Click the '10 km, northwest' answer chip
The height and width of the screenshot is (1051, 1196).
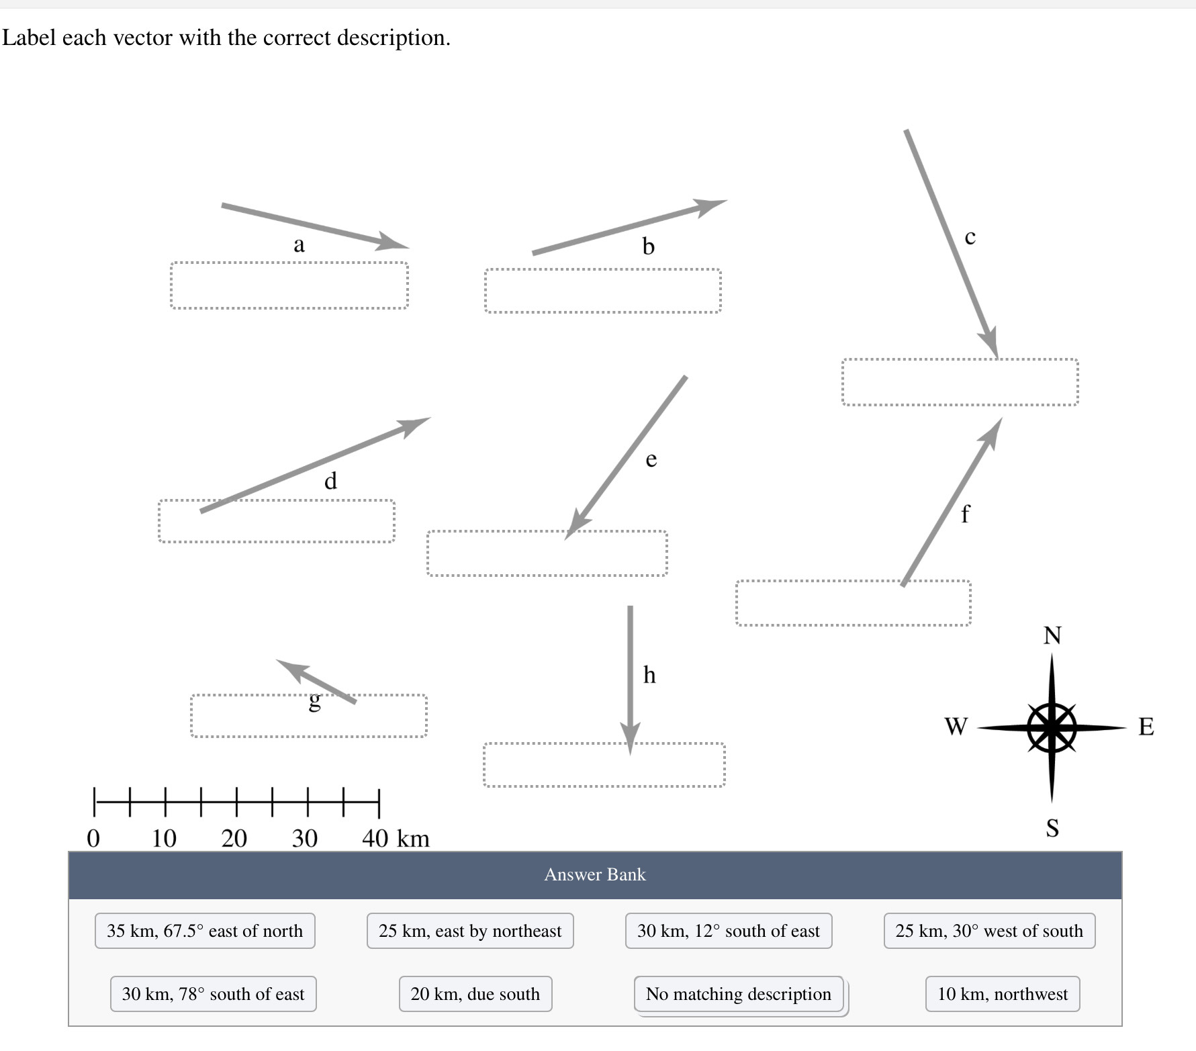pos(1002,994)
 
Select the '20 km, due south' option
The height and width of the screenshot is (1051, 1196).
pos(475,994)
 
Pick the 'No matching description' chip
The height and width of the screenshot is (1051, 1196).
pos(738,994)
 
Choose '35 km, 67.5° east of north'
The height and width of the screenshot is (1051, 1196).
pos(205,931)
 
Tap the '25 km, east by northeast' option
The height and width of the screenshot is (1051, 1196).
pos(470,931)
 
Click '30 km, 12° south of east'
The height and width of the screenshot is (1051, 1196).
pos(729,931)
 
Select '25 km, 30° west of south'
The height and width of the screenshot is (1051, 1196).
pos(989,931)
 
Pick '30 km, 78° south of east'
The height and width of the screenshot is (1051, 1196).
pos(213,994)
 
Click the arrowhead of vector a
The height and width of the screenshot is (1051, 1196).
pos(395,243)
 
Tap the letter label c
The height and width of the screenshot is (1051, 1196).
pos(970,236)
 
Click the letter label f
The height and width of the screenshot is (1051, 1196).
pos(965,514)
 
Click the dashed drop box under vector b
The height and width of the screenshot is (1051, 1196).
pos(603,291)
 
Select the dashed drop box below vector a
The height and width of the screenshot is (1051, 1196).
pos(289,285)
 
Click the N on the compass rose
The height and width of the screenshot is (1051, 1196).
pos(1052,635)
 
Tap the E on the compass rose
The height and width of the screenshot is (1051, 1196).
pos(1146,727)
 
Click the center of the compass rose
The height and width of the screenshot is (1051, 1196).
pos(1052,727)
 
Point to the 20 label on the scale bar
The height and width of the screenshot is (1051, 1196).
pos(234,838)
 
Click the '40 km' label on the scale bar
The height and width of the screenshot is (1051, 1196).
pos(396,838)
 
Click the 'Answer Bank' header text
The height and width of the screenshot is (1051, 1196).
pos(595,874)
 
